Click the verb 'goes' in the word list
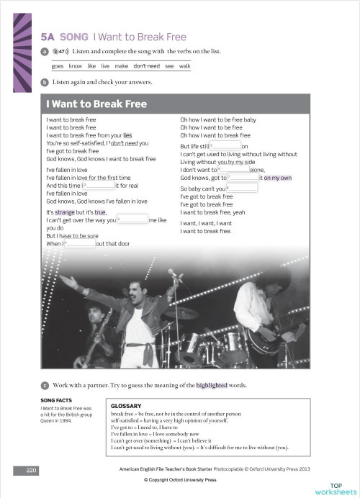58,65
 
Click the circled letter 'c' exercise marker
45,386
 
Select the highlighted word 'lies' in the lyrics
127,135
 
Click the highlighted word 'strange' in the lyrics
65,212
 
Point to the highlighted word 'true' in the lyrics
100,212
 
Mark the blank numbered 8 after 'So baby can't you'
243,189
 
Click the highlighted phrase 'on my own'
276,177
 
